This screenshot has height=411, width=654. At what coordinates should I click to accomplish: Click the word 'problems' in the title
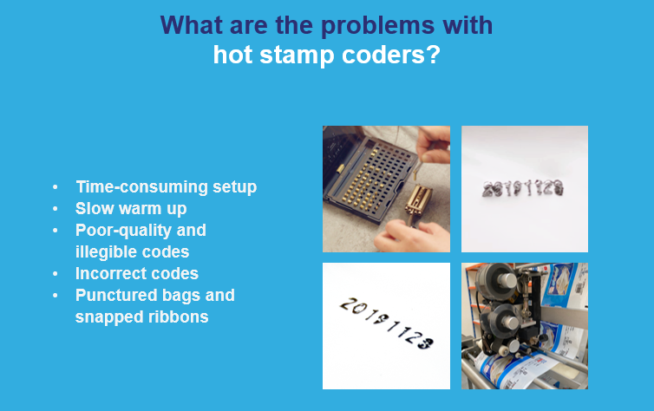[378, 26]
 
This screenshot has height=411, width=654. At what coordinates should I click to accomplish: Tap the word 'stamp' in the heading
[297, 55]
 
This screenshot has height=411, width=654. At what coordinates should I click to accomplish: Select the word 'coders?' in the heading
[390, 55]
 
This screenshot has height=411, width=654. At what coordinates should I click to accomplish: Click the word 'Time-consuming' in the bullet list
[141, 187]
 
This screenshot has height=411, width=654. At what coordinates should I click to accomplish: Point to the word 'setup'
[235, 187]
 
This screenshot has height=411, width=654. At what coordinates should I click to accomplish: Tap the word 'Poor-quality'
[123, 231]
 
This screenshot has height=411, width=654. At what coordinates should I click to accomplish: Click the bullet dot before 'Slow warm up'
[55, 208]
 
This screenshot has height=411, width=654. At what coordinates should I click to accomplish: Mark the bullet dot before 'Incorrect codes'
[55, 273]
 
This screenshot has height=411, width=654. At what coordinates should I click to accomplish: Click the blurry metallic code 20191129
[523, 189]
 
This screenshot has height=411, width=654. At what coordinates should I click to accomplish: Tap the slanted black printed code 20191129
[387, 323]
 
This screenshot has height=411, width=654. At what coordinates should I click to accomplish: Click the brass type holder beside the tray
[418, 200]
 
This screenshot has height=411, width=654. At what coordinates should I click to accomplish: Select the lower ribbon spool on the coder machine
[500, 320]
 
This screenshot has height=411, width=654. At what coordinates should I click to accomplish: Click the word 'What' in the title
[192, 25]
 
